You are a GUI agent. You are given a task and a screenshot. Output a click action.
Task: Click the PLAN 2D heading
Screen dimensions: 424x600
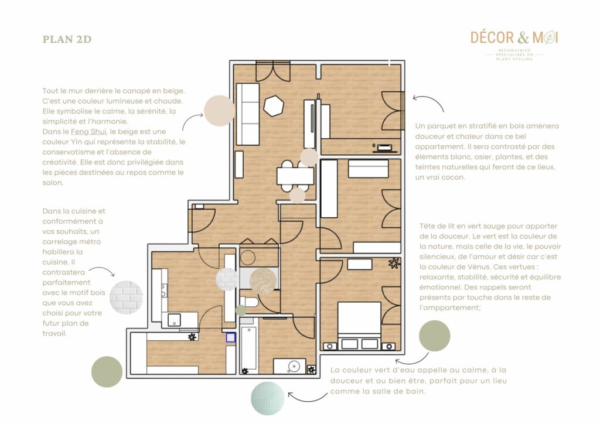[x=67, y=40]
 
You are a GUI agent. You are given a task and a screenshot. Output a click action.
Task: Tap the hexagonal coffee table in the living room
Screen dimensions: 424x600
[x=274, y=106]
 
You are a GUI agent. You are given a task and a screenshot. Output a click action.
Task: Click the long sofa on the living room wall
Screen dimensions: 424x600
[x=247, y=114]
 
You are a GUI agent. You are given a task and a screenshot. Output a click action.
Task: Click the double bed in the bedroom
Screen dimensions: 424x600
[x=359, y=326]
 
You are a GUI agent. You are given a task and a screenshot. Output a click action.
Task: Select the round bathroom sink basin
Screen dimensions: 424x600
[x=294, y=367]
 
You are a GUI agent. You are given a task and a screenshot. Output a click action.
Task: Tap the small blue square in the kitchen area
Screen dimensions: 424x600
[x=231, y=337]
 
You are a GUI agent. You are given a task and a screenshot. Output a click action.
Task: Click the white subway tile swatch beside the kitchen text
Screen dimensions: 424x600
[x=127, y=297]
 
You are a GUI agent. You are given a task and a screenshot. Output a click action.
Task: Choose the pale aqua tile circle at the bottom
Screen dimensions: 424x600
[x=268, y=398]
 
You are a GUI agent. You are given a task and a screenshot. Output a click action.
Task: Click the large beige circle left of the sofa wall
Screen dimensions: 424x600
[x=219, y=111]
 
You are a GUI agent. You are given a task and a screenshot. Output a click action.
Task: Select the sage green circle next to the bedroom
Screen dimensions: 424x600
[x=434, y=336]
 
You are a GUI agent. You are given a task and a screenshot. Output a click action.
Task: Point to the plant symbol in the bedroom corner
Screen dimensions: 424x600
[x=394, y=262]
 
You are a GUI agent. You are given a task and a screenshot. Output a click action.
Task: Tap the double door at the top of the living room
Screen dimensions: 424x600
[x=272, y=71]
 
